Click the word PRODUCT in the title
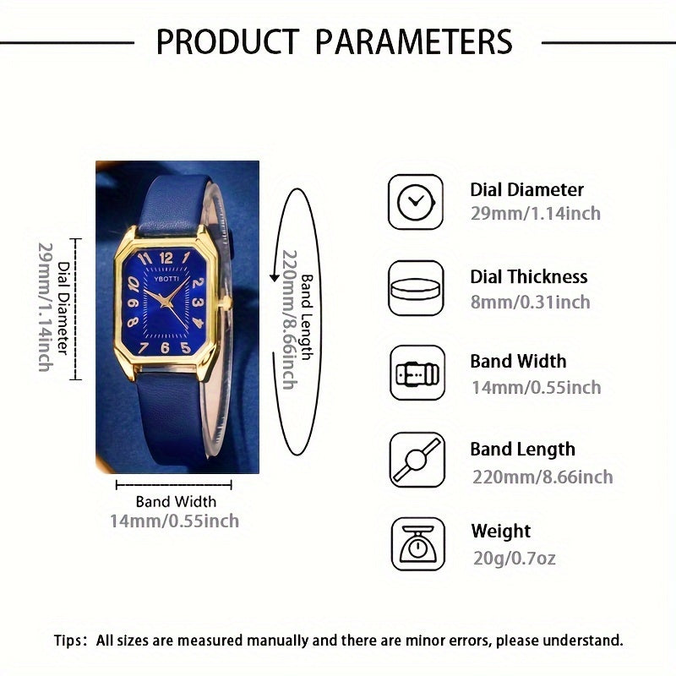pyautogui.click(x=227, y=41)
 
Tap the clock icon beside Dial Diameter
pyautogui.click(x=416, y=201)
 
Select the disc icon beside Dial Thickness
pyautogui.click(x=416, y=288)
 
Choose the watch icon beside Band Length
pyautogui.click(x=416, y=460)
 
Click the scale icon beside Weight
pyautogui.click(x=416, y=545)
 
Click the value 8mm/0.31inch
pyautogui.click(x=530, y=302)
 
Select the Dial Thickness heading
pyautogui.click(x=528, y=276)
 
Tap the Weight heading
pyautogui.click(x=500, y=532)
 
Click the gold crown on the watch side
pyautogui.click(x=226, y=301)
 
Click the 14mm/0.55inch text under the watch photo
pyautogui.click(x=174, y=521)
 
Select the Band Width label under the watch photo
pyautogui.click(x=176, y=502)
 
